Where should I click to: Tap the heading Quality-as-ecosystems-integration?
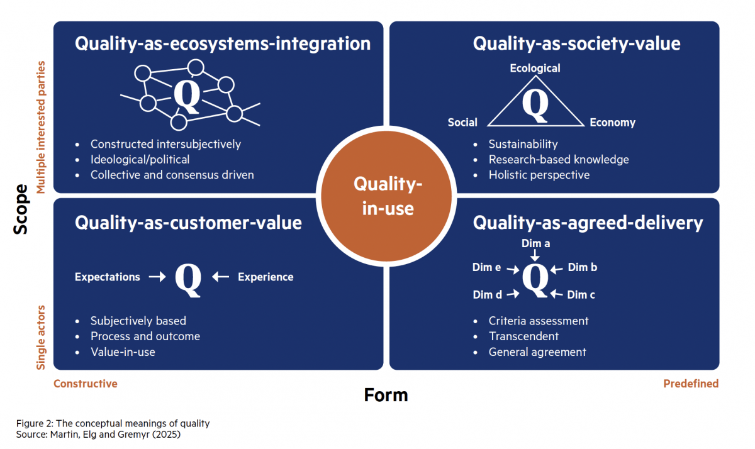coord(223,43)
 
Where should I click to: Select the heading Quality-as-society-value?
coord(576,43)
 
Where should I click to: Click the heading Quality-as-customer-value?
coord(188,223)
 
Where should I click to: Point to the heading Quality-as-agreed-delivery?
coord(588,223)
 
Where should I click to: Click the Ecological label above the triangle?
coord(535,68)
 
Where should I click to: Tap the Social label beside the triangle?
coord(462,123)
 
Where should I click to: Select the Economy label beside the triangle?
coord(612,123)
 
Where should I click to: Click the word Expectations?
coord(108,277)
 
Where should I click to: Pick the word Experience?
coord(266,277)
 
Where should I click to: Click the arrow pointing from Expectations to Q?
coord(157,277)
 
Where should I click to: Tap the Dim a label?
coord(535,243)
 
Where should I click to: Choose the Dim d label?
coord(487,294)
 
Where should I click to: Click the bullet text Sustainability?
coord(523,145)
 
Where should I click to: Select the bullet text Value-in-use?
coord(123,352)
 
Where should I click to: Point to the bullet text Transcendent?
coord(523,336)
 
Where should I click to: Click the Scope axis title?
coord(21,209)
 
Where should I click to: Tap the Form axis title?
coord(386,395)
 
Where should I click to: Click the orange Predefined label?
coord(691,384)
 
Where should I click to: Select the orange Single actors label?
coord(42,337)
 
